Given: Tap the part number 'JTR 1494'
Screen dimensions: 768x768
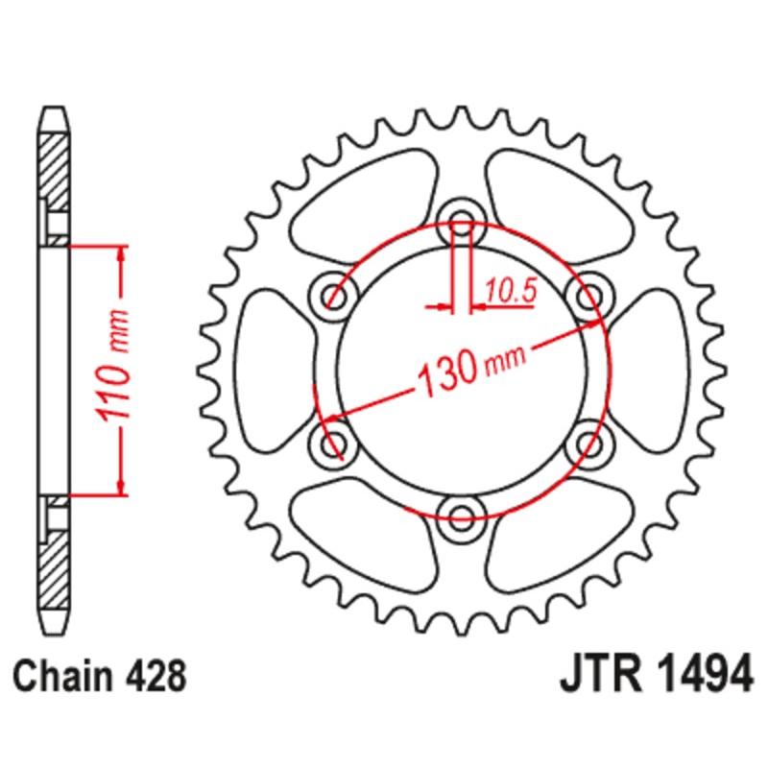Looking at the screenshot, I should (654, 675).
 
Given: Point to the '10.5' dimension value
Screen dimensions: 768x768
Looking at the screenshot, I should (510, 289).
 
